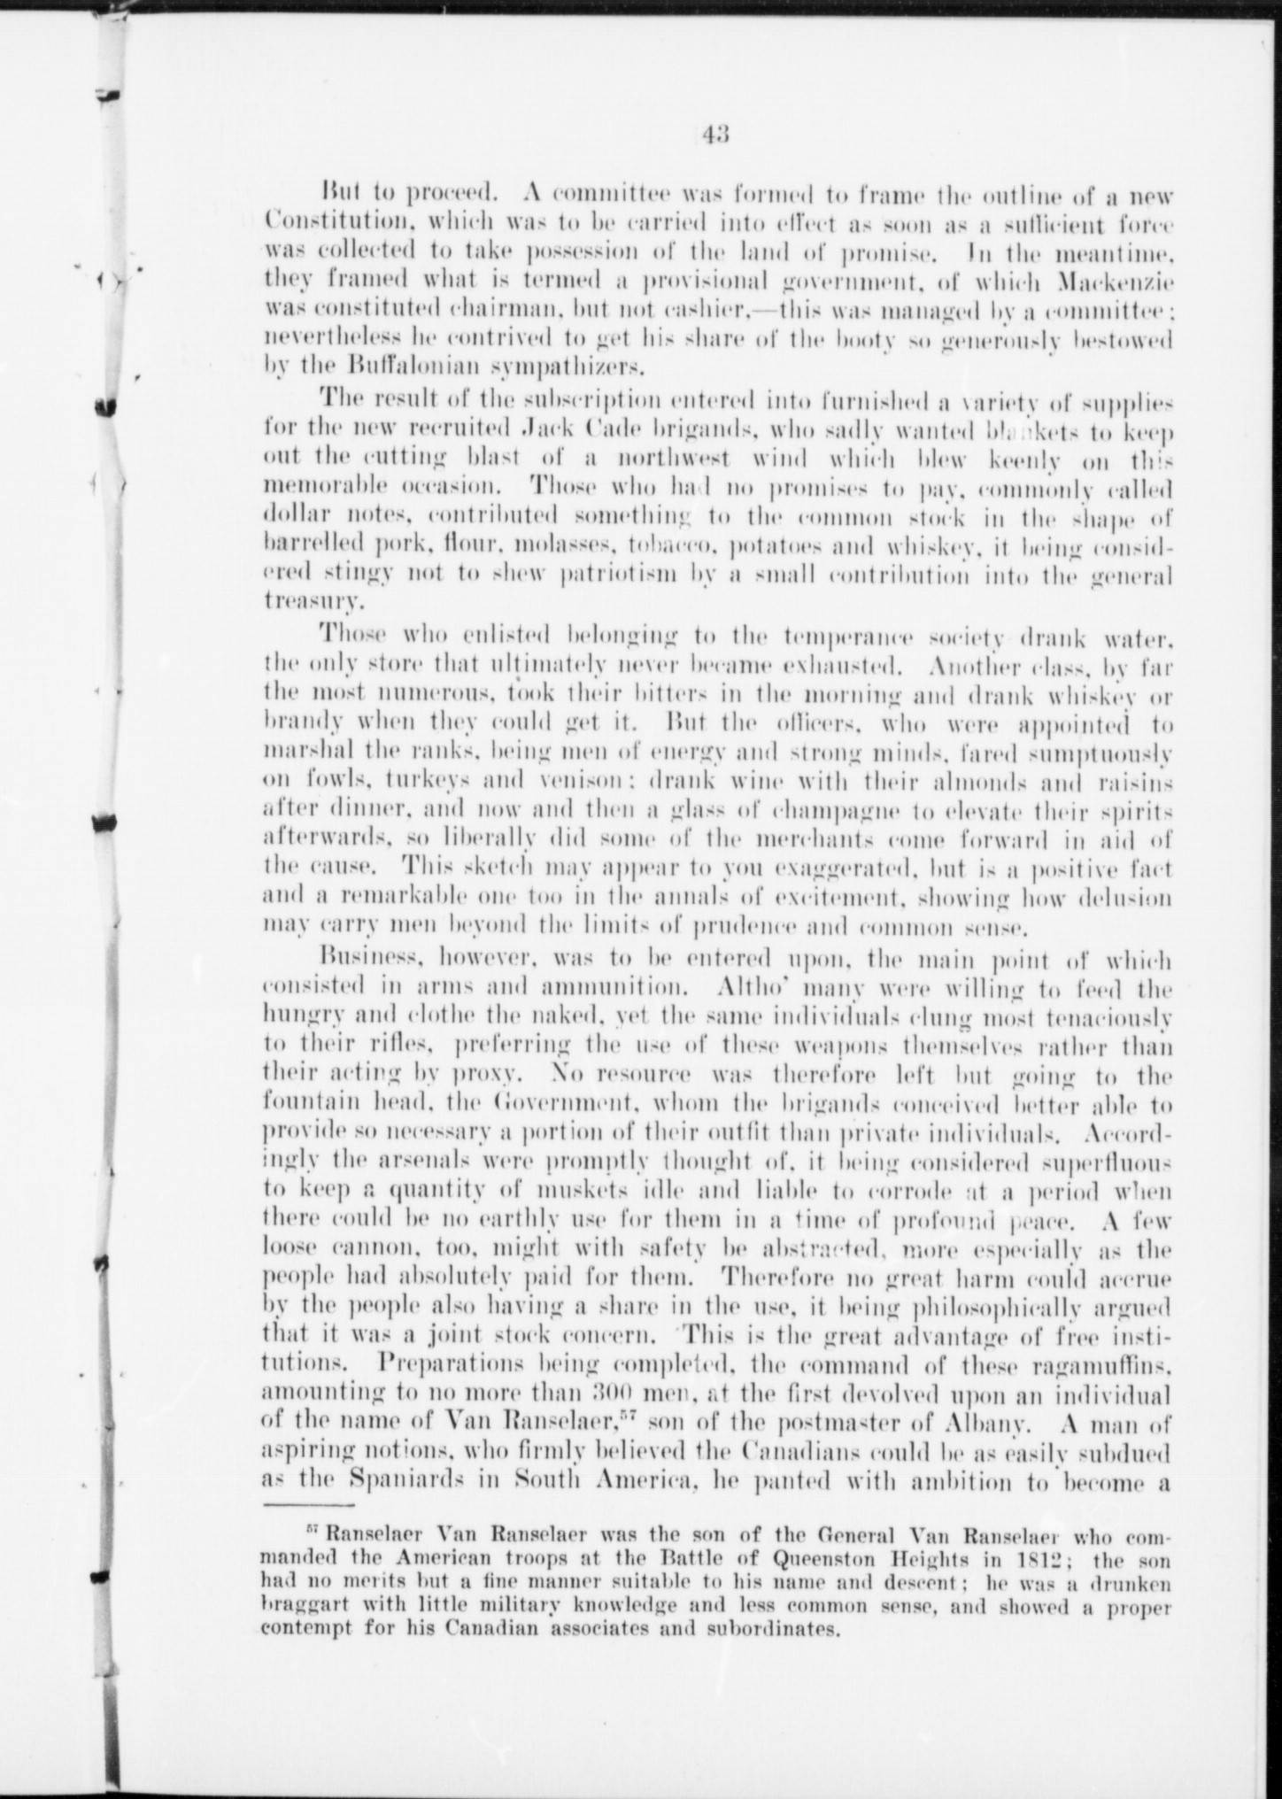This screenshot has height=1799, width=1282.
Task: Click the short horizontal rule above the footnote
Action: (x=308, y=1504)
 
